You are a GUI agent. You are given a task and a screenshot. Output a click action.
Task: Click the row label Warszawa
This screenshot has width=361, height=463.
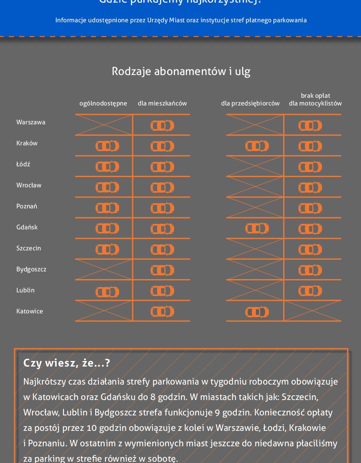(31, 122)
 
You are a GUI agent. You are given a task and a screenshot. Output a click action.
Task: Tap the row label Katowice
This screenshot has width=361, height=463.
(30, 311)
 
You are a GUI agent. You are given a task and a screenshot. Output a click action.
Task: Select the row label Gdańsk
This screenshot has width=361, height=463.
(27, 227)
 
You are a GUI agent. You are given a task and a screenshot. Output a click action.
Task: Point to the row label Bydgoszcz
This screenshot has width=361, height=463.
(31, 269)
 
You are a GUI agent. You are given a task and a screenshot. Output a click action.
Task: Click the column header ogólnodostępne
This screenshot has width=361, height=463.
(103, 103)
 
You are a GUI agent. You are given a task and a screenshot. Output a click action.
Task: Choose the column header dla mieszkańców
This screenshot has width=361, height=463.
(162, 103)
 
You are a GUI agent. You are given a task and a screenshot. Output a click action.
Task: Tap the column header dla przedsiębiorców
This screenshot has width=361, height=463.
(250, 103)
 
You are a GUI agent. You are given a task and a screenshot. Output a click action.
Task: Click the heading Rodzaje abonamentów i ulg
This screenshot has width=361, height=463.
(181, 71)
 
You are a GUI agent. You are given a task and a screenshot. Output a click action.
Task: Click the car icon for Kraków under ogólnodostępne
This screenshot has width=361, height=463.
(107, 146)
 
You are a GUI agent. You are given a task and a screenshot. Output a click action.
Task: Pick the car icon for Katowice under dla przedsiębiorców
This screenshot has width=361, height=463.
(257, 312)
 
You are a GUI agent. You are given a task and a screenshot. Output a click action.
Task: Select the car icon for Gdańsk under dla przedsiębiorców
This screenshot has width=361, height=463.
(257, 228)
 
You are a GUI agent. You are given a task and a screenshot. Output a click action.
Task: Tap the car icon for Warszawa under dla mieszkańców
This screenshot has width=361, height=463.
(162, 126)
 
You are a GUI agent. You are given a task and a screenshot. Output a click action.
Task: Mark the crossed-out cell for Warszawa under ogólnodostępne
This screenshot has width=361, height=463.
(104, 125)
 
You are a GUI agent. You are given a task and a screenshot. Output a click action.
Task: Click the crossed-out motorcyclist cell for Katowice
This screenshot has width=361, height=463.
(312, 311)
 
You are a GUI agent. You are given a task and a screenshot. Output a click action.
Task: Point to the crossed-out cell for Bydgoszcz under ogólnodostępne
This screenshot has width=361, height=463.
(104, 269)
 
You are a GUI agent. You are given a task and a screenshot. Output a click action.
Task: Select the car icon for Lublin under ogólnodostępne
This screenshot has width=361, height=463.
(107, 292)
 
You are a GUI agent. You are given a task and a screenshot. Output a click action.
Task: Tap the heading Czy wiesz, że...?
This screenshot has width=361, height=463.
(67, 363)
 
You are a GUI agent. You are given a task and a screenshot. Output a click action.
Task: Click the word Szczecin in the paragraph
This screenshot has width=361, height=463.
(300, 397)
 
